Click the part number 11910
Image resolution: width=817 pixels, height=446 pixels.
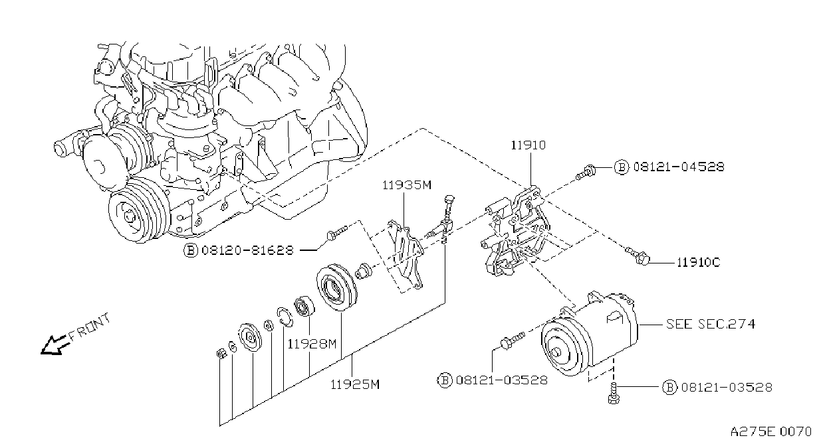pyautogui.click(x=528, y=145)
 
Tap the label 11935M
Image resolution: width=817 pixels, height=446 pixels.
pyautogui.click(x=407, y=185)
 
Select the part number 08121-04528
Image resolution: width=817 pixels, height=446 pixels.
pyautogui.click(x=679, y=167)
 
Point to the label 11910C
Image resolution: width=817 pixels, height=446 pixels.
pyautogui.click(x=699, y=263)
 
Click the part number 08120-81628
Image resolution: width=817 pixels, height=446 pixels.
pyautogui.click(x=247, y=250)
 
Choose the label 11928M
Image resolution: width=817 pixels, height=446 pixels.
pyautogui.click(x=312, y=344)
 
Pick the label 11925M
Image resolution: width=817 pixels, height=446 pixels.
pyautogui.click(x=355, y=384)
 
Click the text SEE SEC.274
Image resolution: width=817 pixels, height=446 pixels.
pyautogui.click(x=711, y=324)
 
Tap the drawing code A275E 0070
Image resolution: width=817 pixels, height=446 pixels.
pyautogui.click(x=770, y=432)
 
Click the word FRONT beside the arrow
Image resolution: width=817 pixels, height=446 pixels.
pyautogui.click(x=89, y=327)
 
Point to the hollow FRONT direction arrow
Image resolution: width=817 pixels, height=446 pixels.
pyautogui.click(x=54, y=344)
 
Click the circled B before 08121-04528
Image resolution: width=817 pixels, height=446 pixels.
pyautogui.click(x=622, y=167)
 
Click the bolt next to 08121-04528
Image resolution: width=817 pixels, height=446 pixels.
pyautogui.click(x=586, y=172)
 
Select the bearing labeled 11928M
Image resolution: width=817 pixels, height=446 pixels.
pyautogui.click(x=304, y=306)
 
